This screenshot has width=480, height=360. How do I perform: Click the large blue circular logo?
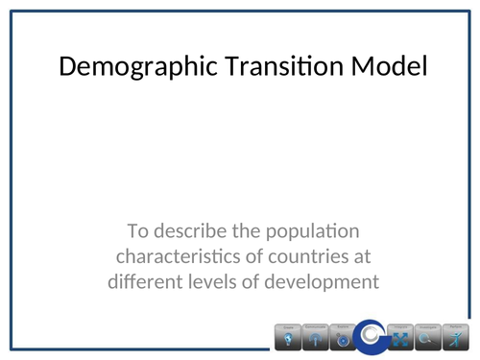371,336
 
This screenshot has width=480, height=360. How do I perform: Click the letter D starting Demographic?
67,68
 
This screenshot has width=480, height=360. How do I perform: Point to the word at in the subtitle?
360,256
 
